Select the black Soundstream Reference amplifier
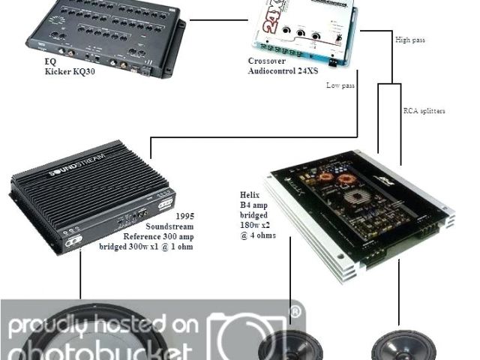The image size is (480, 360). pyautogui.click(x=90, y=195)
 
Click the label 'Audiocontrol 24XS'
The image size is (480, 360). pyautogui.click(x=284, y=70)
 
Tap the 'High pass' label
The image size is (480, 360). pyautogui.click(x=409, y=39)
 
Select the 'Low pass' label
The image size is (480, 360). pyautogui.click(x=340, y=85)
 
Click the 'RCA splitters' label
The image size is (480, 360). pyautogui.click(x=424, y=111)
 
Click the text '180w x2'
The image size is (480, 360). pyautogui.click(x=252, y=225)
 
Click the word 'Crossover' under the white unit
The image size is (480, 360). pyautogui.click(x=267, y=61)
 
